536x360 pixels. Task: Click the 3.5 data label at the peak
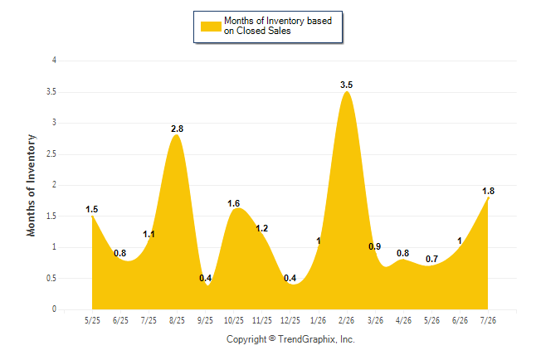pos(346,85)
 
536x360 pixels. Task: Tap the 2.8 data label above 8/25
pos(177,129)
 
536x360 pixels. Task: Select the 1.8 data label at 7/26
pos(488,191)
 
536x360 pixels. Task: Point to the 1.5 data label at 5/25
pos(91,209)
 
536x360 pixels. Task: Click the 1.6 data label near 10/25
pos(233,204)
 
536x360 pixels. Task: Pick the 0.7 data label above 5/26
pos(431,259)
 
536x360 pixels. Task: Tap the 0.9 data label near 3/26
pos(375,246)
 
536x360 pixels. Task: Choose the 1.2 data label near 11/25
pos(262,228)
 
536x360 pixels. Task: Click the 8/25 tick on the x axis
pos(177,320)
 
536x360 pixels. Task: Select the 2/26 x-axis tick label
pos(347,320)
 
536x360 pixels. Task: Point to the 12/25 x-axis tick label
pos(290,320)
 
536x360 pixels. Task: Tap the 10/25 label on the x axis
pos(234,320)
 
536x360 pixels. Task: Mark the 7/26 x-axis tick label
pos(488,320)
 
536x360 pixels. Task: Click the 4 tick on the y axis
pos(54,61)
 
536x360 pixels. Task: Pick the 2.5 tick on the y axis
pos(51,153)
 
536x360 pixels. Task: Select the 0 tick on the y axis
pos(54,309)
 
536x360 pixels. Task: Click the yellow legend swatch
pos(211,27)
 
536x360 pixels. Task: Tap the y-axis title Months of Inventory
pos(31,185)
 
